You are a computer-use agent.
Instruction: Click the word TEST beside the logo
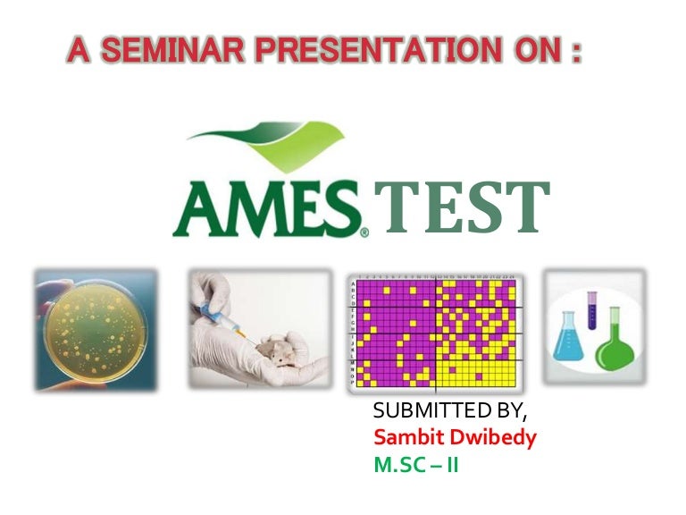[x=462, y=208]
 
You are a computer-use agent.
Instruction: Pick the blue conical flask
[x=569, y=339]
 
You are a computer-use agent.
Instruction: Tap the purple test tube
[x=591, y=313]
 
